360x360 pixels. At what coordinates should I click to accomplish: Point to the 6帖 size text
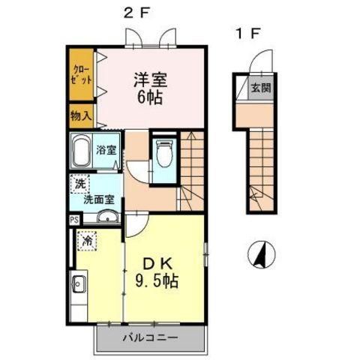tap(150, 97)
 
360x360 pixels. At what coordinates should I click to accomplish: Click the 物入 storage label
tap(82, 116)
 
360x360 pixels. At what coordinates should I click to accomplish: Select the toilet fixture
tap(163, 155)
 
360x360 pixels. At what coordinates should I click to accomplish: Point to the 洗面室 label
tap(99, 199)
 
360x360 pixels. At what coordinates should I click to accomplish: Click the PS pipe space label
tap(74, 220)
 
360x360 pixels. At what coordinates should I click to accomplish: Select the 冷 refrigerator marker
tap(86, 241)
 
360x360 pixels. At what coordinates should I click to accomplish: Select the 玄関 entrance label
tap(259, 87)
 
